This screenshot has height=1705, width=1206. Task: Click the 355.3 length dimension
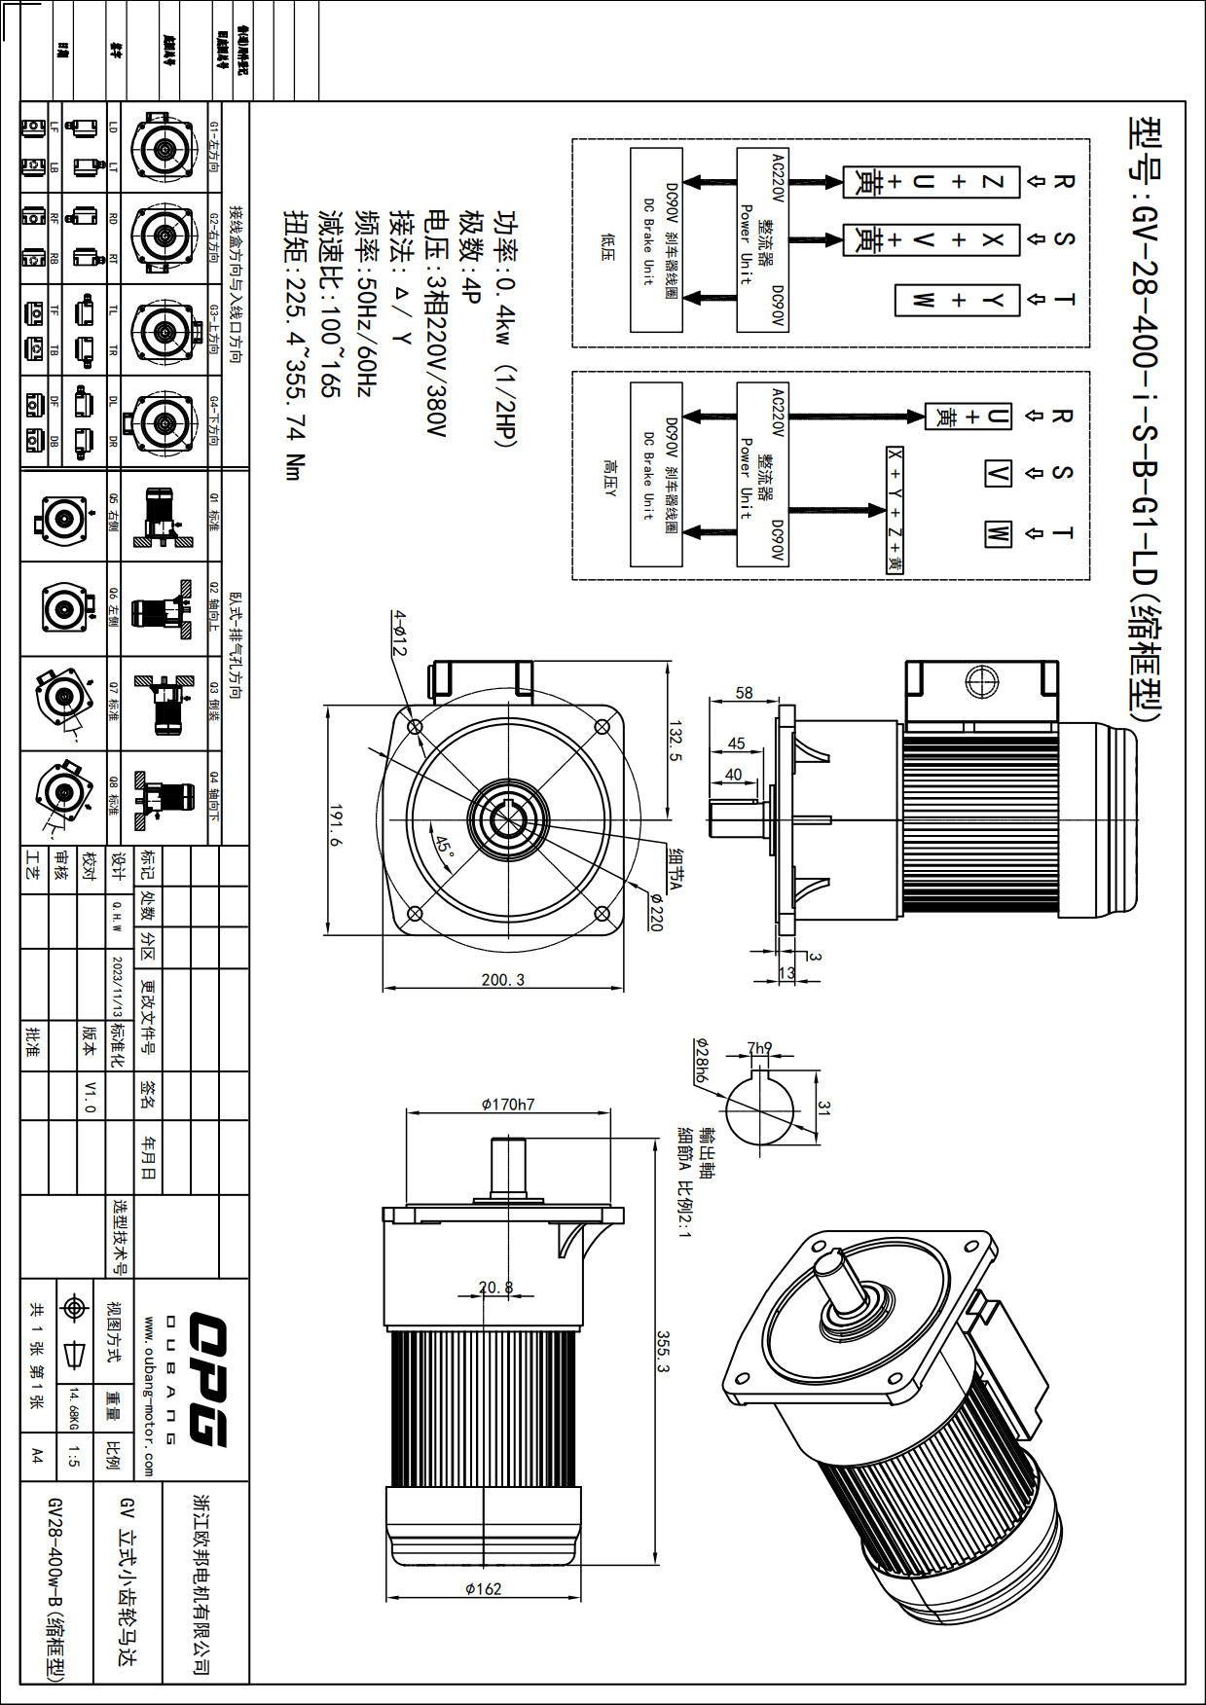(663, 1352)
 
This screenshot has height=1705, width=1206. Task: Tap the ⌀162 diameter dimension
(483, 1588)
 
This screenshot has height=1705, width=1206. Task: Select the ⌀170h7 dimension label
(507, 1105)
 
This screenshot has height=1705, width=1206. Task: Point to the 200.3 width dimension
(502, 979)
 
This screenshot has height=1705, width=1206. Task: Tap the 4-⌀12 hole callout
(399, 634)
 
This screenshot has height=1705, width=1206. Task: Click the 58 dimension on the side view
(744, 693)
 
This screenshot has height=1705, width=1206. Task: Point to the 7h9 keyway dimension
(759, 1048)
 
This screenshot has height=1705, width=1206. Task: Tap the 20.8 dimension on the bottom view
(495, 1287)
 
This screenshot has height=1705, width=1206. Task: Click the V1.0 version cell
(90, 1096)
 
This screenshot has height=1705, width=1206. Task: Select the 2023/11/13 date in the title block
(117, 986)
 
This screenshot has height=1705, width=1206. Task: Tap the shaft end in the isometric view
(828, 1263)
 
